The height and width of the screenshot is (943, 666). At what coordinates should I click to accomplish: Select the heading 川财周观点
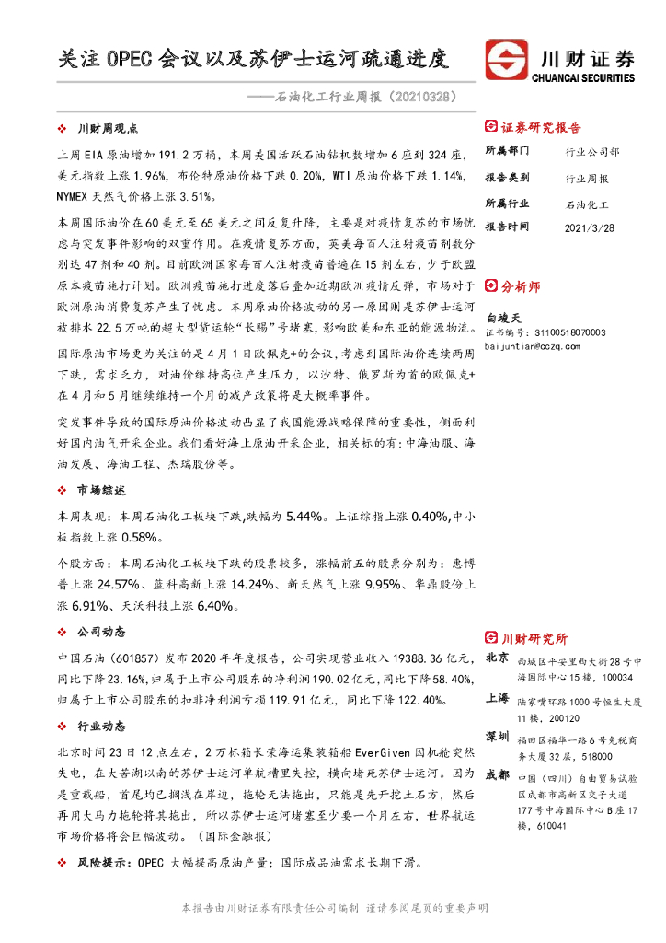[108, 128]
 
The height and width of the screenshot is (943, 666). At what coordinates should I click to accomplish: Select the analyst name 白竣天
[503, 315]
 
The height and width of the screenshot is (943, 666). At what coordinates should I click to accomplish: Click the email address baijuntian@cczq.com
[532, 345]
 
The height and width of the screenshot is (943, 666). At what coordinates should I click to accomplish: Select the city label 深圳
[497, 737]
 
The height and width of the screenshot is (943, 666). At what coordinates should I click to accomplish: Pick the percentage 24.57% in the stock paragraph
[118, 586]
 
